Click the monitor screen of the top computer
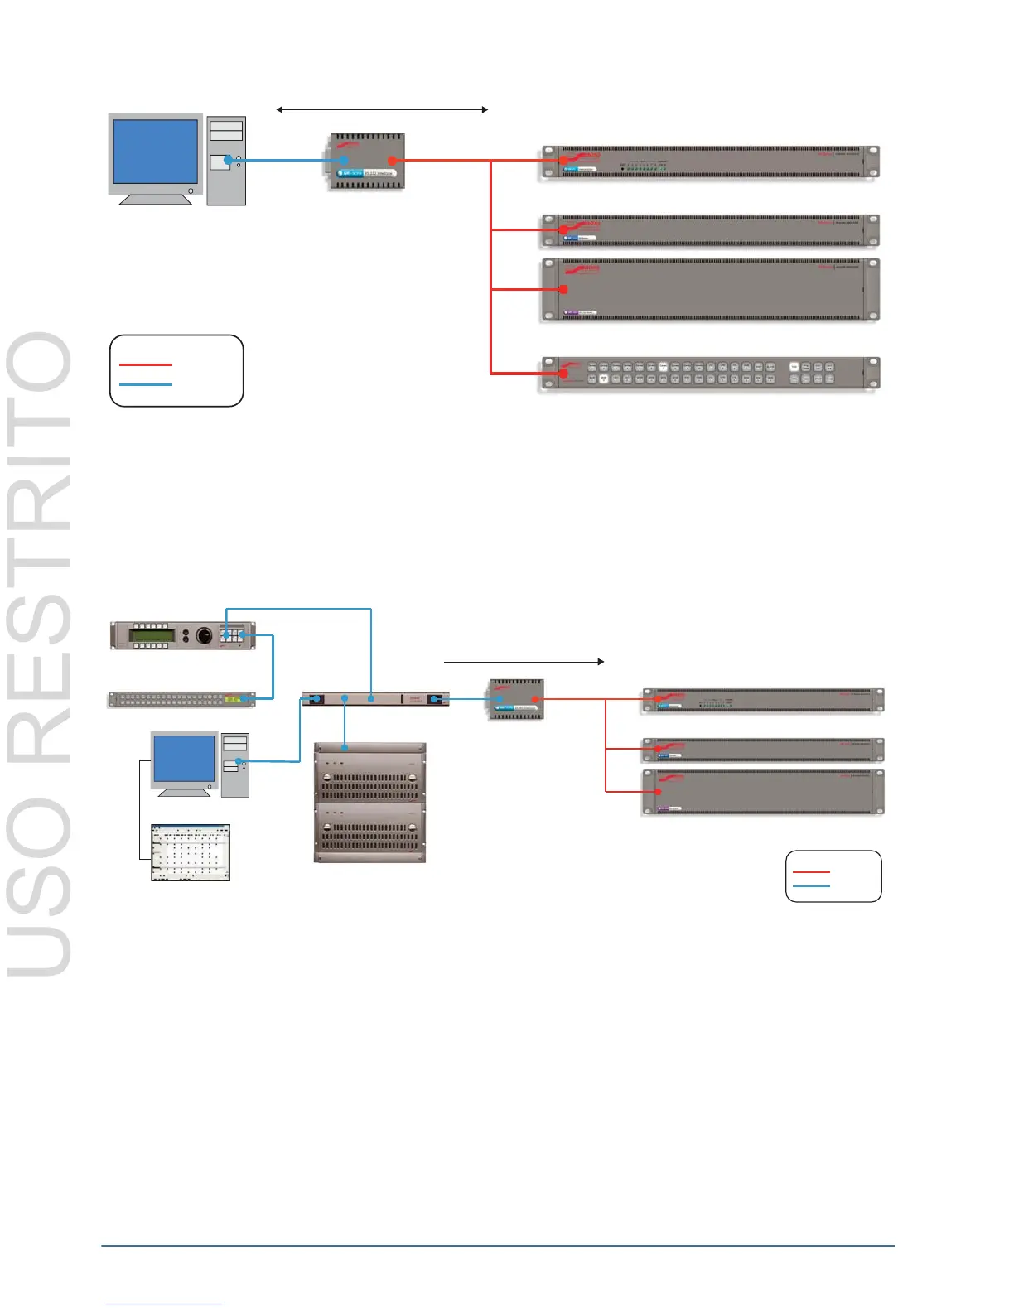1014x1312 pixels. [156, 152]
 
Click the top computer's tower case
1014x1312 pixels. [226, 161]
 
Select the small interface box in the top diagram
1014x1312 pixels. [366, 161]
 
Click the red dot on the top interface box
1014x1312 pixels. [392, 161]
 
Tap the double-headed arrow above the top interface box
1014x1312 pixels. [382, 109]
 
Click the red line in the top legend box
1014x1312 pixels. [146, 364]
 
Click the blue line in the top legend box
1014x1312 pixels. [146, 384]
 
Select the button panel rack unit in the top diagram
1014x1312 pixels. [710, 373]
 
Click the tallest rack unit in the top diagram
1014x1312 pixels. [710, 290]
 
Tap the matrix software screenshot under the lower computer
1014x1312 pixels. [191, 852]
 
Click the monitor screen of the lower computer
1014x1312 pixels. [185, 760]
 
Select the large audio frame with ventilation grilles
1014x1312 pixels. [369, 803]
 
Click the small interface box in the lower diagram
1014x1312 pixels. [516, 699]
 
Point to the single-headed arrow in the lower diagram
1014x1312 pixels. [524, 662]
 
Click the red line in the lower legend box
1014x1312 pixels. [811, 872]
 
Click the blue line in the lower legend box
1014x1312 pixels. [811, 886]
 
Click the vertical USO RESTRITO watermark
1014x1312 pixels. [40, 654]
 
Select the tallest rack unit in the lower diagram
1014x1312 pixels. [762, 792]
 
